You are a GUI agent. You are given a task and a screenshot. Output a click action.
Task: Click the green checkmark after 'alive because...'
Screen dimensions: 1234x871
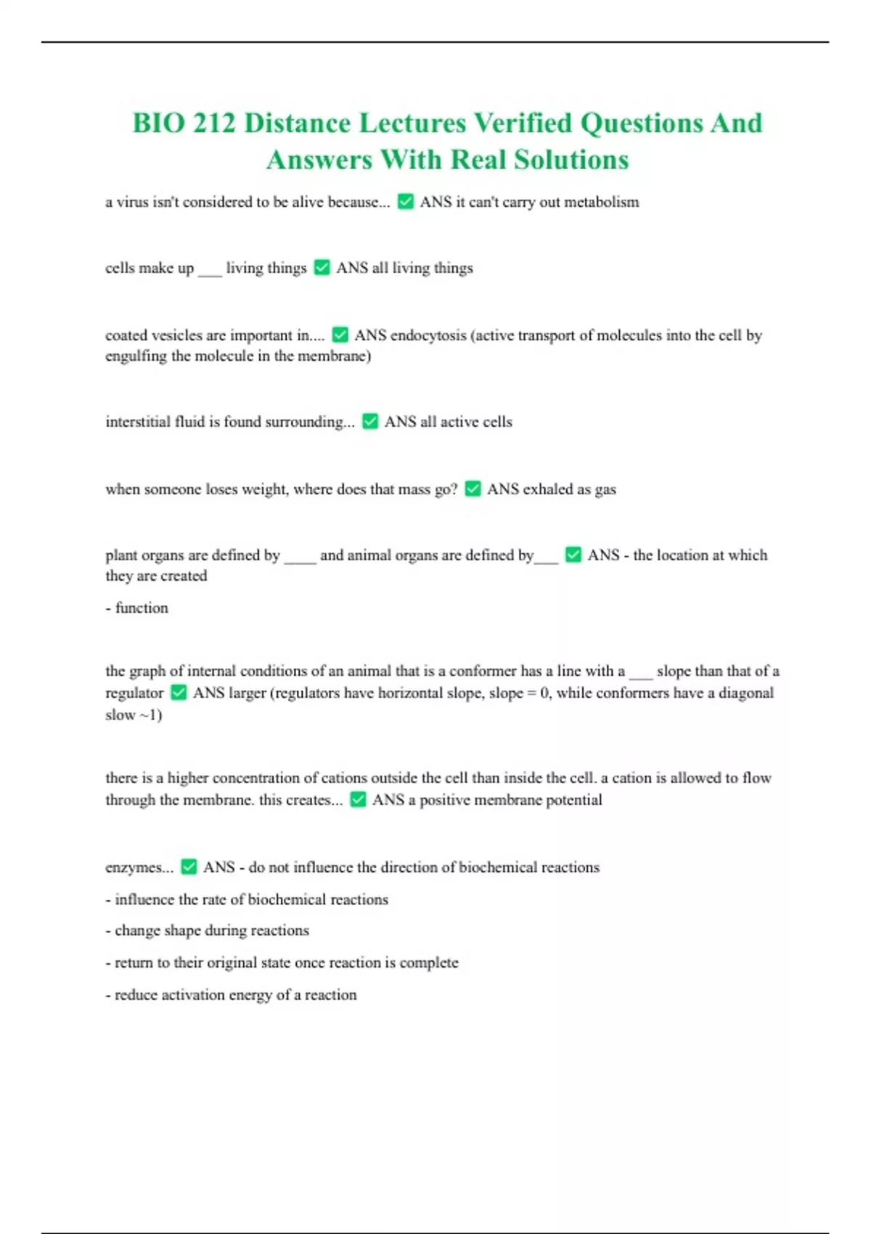pyautogui.click(x=406, y=202)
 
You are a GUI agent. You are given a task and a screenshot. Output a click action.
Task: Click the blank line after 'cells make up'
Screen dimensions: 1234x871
pyautogui.click(x=210, y=270)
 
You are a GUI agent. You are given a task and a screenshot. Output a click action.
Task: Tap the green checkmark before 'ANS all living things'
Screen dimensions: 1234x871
pyautogui.click(x=322, y=268)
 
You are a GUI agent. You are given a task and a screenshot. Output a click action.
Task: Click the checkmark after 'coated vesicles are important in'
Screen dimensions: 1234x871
pyautogui.click(x=340, y=335)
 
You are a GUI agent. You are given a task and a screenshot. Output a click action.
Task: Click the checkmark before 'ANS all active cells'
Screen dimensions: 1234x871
pyautogui.click(x=370, y=422)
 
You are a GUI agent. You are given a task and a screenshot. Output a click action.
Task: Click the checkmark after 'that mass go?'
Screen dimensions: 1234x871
pyautogui.click(x=473, y=489)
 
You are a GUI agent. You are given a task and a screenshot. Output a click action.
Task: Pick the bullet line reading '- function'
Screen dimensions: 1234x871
pyautogui.click(x=137, y=608)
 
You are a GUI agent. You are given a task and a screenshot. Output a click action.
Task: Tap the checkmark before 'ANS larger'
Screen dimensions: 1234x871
pyautogui.click(x=179, y=693)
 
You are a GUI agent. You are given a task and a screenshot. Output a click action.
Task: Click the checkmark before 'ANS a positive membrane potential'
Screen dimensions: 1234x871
pyautogui.click(x=358, y=800)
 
